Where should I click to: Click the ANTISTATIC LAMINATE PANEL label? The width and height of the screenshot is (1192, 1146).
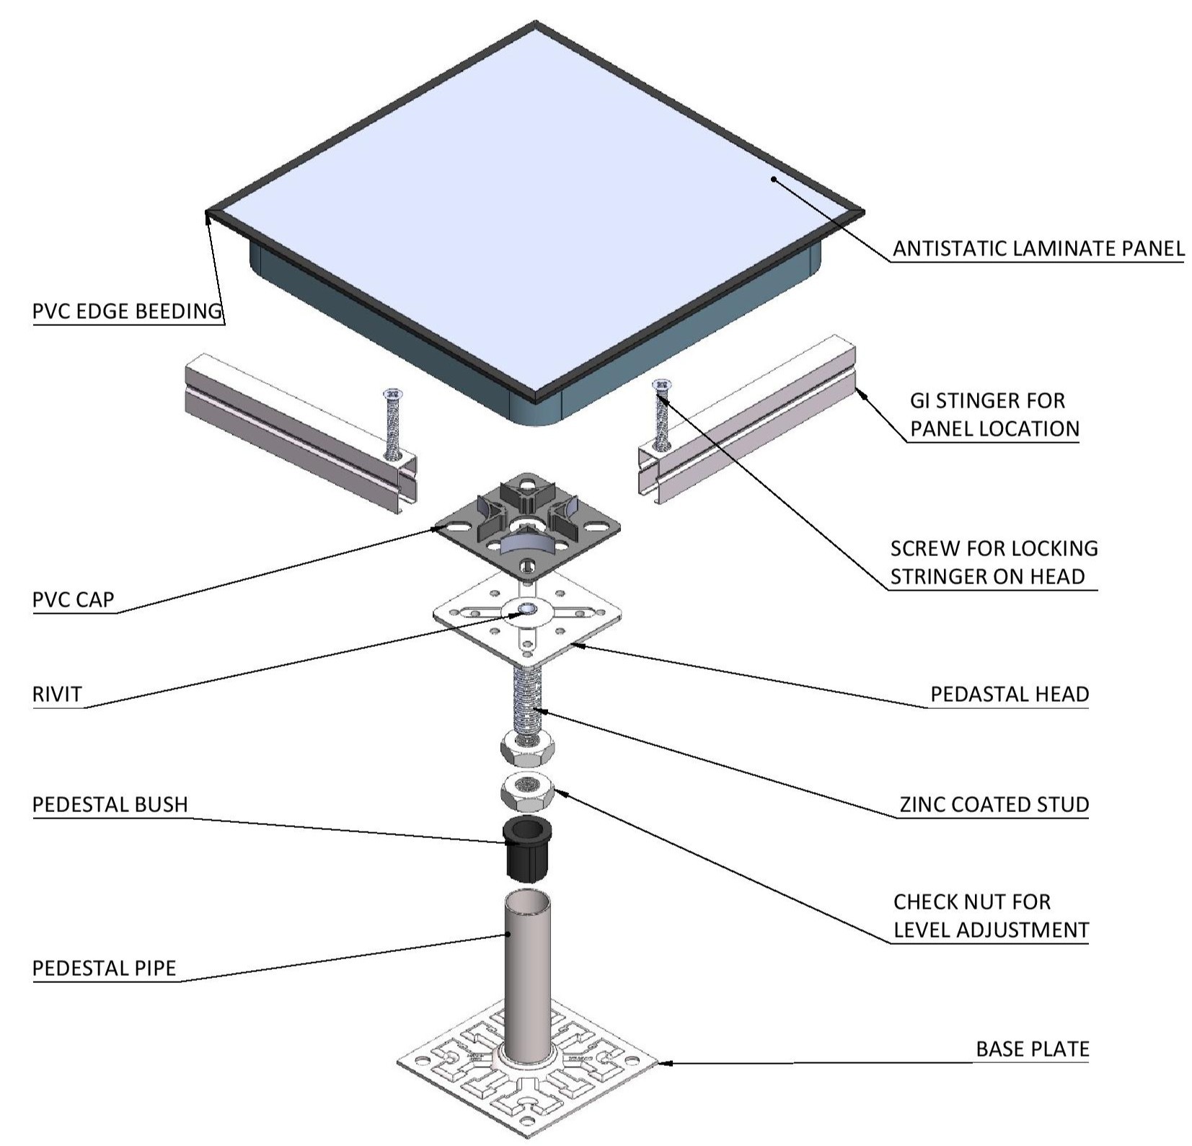pos(1038,249)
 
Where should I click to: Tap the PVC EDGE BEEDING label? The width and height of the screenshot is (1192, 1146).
pos(127,312)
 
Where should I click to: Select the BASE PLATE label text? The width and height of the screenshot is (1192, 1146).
pos(1032,1049)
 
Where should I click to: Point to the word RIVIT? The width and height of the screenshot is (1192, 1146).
pos(58,695)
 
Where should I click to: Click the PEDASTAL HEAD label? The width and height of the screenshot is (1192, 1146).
pos(1009,695)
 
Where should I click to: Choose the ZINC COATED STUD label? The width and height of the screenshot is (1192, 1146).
pos(994,805)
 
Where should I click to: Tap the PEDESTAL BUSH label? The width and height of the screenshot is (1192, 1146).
pos(110,804)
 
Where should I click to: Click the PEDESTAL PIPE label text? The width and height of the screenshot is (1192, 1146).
pos(105,968)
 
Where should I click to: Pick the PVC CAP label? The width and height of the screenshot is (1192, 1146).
pos(74,600)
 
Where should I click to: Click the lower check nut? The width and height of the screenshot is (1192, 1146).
pos(527,792)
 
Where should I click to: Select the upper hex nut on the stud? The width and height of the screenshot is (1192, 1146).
pos(527,746)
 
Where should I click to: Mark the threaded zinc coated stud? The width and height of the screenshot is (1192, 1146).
pos(527,700)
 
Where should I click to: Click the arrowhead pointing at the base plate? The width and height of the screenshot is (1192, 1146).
pos(665,1062)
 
